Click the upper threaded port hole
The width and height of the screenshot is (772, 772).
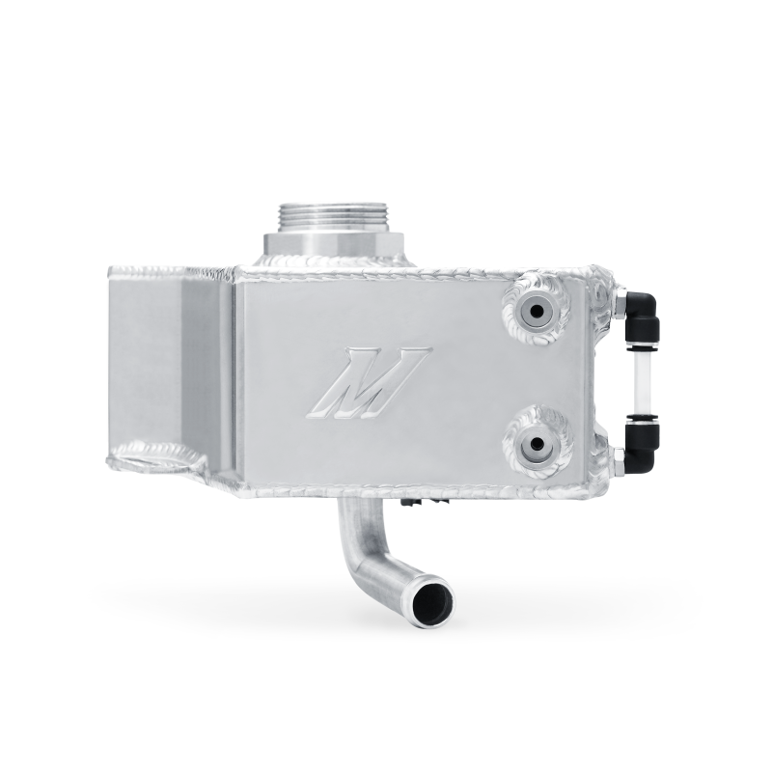534,311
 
